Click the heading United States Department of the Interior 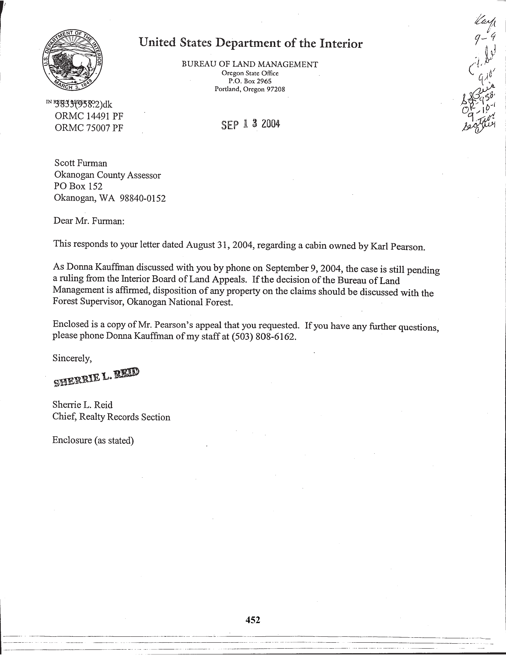coord(251,43)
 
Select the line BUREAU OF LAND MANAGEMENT coord(250,64)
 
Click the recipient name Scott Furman coord(81,163)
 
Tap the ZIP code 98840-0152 coord(143,198)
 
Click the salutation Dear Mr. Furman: coord(89,221)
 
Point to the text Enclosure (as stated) coord(93,440)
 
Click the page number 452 coord(253,620)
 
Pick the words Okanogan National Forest coord(180,302)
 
